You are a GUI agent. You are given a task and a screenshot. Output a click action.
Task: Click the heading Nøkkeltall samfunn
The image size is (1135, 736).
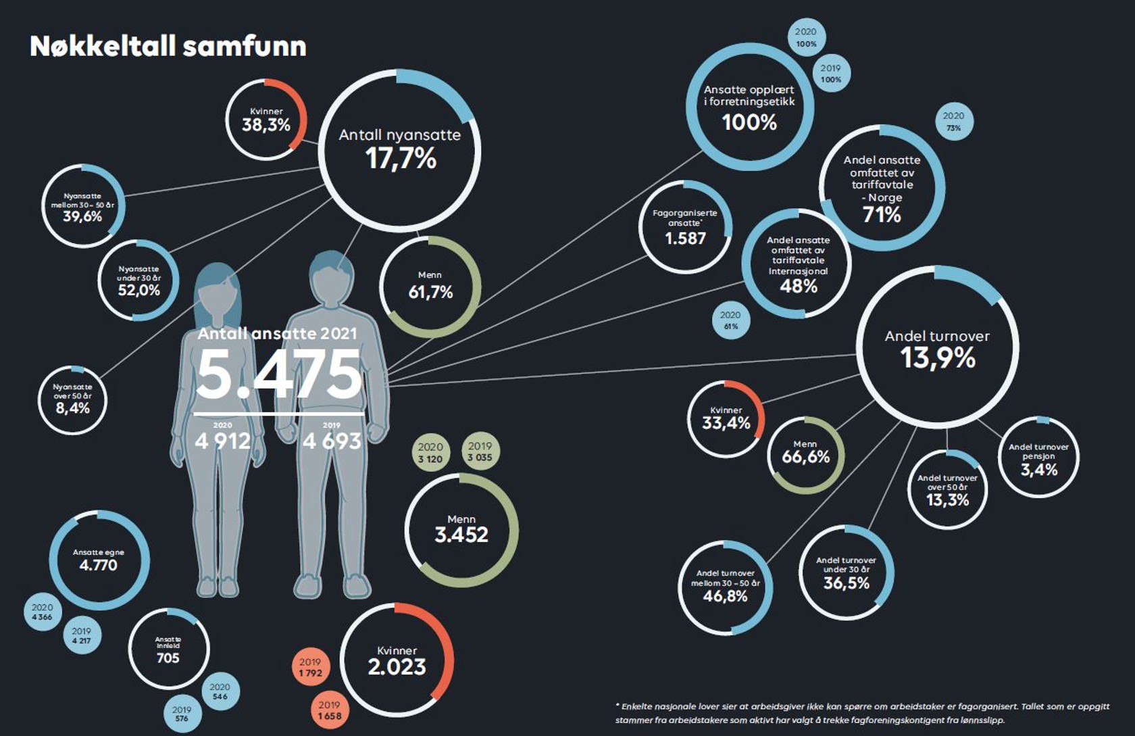[x=168, y=46]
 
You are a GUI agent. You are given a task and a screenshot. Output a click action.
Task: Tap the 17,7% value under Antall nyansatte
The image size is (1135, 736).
[x=401, y=159]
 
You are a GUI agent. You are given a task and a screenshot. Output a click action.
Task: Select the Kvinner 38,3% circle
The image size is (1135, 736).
[x=266, y=120]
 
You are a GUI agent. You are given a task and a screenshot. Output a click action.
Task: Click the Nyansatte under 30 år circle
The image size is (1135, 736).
[x=139, y=280]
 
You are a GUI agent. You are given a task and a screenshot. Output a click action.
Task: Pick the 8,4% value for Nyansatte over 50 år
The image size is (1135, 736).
[x=72, y=408]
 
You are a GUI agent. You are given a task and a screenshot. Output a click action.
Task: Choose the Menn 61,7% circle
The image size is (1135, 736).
[x=430, y=286]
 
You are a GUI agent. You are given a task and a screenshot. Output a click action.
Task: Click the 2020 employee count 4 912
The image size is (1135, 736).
[x=222, y=441]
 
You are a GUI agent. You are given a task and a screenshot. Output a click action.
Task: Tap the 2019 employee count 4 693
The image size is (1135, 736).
[x=332, y=441]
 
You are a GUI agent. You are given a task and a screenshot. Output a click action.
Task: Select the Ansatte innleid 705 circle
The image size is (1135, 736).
[x=168, y=649]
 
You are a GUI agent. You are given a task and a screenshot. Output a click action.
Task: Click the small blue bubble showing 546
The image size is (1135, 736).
[x=220, y=691]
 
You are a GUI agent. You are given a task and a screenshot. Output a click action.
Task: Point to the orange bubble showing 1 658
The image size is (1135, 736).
[x=330, y=710]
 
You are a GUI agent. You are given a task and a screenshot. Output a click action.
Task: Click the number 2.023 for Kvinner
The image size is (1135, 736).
[x=397, y=667]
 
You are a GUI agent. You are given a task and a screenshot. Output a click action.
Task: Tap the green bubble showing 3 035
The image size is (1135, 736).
[x=480, y=451]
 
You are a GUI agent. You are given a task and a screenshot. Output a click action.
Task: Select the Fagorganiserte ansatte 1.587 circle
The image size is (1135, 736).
[x=685, y=227]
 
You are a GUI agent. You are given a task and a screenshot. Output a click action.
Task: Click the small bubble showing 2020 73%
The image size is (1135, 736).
[x=953, y=122]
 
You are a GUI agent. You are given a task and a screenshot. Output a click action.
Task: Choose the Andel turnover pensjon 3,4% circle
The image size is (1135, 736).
[x=1039, y=458]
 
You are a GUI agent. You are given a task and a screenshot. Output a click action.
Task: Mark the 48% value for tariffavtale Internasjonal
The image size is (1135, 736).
[x=799, y=287]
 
